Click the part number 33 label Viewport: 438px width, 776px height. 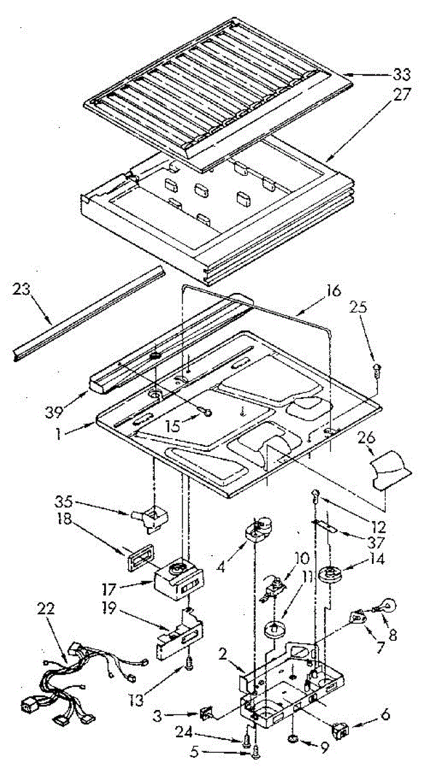(401, 74)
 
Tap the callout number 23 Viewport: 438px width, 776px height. (21, 289)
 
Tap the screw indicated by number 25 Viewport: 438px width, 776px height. (377, 371)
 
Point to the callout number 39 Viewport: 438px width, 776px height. (54, 412)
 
